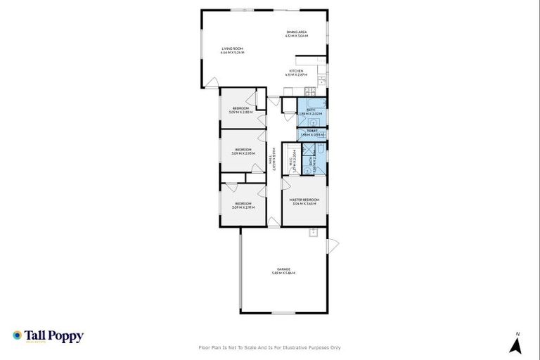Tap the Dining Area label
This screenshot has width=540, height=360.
[x=297, y=33]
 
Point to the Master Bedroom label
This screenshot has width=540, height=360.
[x=304, y=202]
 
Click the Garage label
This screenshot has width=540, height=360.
[x=283, y=271]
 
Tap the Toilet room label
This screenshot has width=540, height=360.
[x=311, y=131]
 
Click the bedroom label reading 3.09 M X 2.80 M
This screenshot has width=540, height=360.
[x=241, y=110]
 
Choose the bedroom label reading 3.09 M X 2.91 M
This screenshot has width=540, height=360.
[x=244, y=206]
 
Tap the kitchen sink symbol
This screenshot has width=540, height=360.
[x=321, y=82]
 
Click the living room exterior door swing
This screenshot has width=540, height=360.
[x=210, y=82]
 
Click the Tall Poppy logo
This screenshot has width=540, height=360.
[x=48, y=336]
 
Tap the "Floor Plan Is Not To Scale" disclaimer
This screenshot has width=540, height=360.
[x=270, y=347]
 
